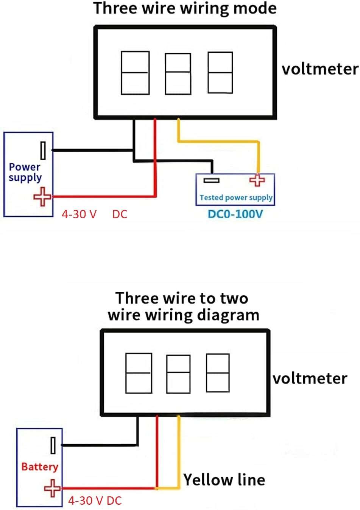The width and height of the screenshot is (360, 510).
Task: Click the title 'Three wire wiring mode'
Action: [185, 9]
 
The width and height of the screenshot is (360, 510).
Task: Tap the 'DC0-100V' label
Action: [235, 214]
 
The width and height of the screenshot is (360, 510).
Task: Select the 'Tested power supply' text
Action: [236, 198]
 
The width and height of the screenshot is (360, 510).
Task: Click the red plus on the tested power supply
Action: [257, 180]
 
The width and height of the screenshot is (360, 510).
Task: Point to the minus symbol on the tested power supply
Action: [211, 181]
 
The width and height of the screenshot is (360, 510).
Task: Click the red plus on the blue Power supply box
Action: [42, 197]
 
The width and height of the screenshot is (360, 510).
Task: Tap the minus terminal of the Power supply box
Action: [43, 150]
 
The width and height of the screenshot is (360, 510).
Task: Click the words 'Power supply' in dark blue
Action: [25, 172]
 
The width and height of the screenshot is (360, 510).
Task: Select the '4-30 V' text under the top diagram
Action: [79, 214]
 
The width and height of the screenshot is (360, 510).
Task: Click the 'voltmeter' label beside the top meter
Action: [320, 69]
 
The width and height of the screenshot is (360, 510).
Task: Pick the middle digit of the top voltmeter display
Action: [178, 74]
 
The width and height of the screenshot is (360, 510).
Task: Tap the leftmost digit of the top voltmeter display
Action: [135, 73]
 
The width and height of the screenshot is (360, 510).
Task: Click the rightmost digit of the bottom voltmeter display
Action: [218, 373]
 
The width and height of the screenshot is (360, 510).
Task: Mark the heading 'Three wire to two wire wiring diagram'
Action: [183, 307]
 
